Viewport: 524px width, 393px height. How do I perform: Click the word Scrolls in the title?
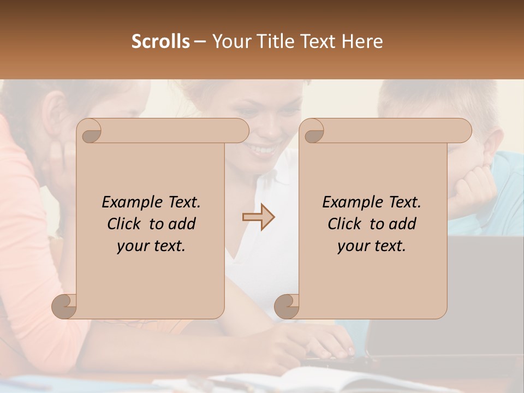click(160, 41)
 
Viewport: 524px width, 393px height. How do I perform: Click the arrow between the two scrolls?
click(258, 217)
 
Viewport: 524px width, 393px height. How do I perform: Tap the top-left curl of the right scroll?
click(313, 132)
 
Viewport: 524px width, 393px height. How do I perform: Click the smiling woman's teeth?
click(264, 148)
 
